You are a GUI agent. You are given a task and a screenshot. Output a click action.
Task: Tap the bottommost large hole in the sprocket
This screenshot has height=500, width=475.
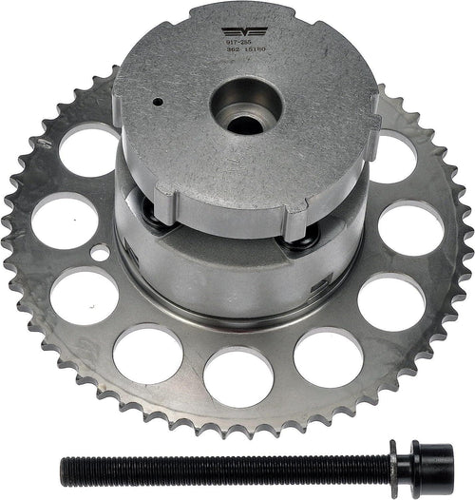pos(238,375)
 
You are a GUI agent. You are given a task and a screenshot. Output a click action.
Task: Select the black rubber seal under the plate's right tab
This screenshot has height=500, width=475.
pos(302,240)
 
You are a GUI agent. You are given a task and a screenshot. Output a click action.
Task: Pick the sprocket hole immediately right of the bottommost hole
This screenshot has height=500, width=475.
pos(328,356)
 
